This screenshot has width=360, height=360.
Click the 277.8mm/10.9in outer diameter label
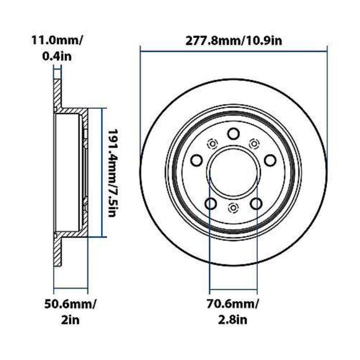pos(234,41)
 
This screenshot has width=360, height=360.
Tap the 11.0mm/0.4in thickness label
pos(57,48)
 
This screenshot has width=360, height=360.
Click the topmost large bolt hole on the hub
pos(233,134)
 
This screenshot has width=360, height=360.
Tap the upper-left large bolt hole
pos(197,160)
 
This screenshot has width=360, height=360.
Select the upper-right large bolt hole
pos(270,160)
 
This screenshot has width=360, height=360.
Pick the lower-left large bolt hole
pos(211,203)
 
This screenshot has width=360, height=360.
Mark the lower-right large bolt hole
pos(256,203)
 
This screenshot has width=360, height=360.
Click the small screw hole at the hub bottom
pos(233,207)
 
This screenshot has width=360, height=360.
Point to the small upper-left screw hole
pos(211,144)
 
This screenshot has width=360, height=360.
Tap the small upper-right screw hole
pos(254,144)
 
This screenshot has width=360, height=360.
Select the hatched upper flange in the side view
pos(57,94)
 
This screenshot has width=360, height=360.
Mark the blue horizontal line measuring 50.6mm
pos(71,289)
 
